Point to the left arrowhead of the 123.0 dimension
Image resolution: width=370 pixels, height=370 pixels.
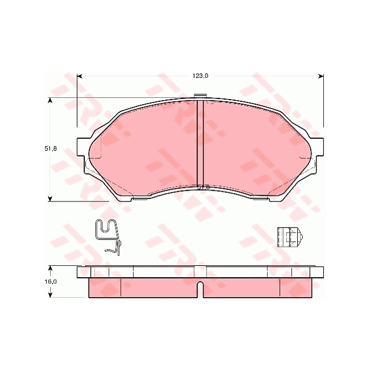(x=80, y=76)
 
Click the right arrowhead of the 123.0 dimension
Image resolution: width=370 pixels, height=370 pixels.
(x=321, y=76)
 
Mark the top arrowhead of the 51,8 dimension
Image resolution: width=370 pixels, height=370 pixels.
(x=51, y=101)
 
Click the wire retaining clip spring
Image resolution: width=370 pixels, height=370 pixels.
(x=109, y=236)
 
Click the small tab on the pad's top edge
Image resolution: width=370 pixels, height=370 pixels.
(x=199, y=96)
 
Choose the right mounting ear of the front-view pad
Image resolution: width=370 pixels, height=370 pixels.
(x=315, y=151)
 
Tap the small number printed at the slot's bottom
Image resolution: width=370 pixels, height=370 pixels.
(x=203, y=187)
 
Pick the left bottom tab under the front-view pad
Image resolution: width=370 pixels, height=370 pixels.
(x=139, y=199)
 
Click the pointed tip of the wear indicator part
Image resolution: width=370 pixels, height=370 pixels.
(x=302, y=237)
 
